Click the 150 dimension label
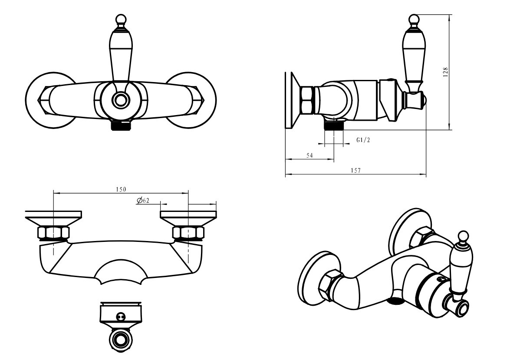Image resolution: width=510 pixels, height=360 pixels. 121,189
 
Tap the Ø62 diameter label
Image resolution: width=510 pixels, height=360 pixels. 143,201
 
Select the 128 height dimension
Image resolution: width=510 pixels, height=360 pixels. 445,72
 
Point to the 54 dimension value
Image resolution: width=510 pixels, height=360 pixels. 309,155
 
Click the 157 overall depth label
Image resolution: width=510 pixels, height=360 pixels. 356,170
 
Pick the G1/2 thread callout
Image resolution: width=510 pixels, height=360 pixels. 363,140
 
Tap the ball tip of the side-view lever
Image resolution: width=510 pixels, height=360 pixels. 414,20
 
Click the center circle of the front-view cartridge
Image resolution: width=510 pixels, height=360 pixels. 121,100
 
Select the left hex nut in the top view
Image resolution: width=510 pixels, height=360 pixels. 54,233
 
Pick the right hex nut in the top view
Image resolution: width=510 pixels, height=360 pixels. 188,233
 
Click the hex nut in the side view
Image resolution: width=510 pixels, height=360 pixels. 307,100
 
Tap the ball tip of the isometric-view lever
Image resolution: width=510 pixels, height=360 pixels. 463,236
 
